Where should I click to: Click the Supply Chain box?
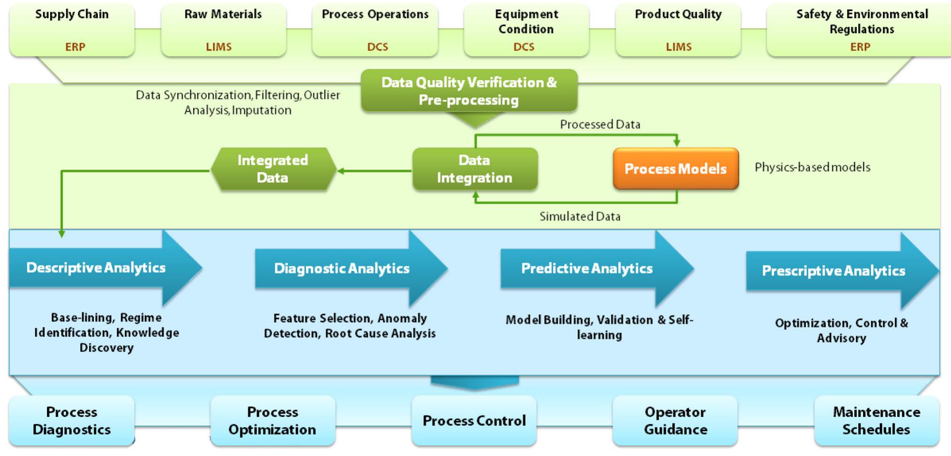click(72, 29)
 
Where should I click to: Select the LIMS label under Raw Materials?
click(218, 47)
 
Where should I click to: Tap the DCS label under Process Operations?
click(377, 47)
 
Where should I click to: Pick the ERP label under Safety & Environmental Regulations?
click(860, 47)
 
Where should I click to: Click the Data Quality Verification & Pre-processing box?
click(469, 91)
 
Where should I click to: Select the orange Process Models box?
click(675, 169)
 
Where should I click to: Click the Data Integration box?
click(475, 169)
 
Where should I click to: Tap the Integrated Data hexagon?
click(273, 169)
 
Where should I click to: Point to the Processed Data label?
click(600, 124)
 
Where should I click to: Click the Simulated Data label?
click(580, 216)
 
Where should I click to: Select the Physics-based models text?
click(812, 167)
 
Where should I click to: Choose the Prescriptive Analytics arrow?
click(834, 271)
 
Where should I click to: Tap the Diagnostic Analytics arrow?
click(342, 269)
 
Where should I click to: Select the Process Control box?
click(474, 420)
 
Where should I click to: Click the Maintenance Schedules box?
click(876, 420)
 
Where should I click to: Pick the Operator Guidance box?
click(675, 420)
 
